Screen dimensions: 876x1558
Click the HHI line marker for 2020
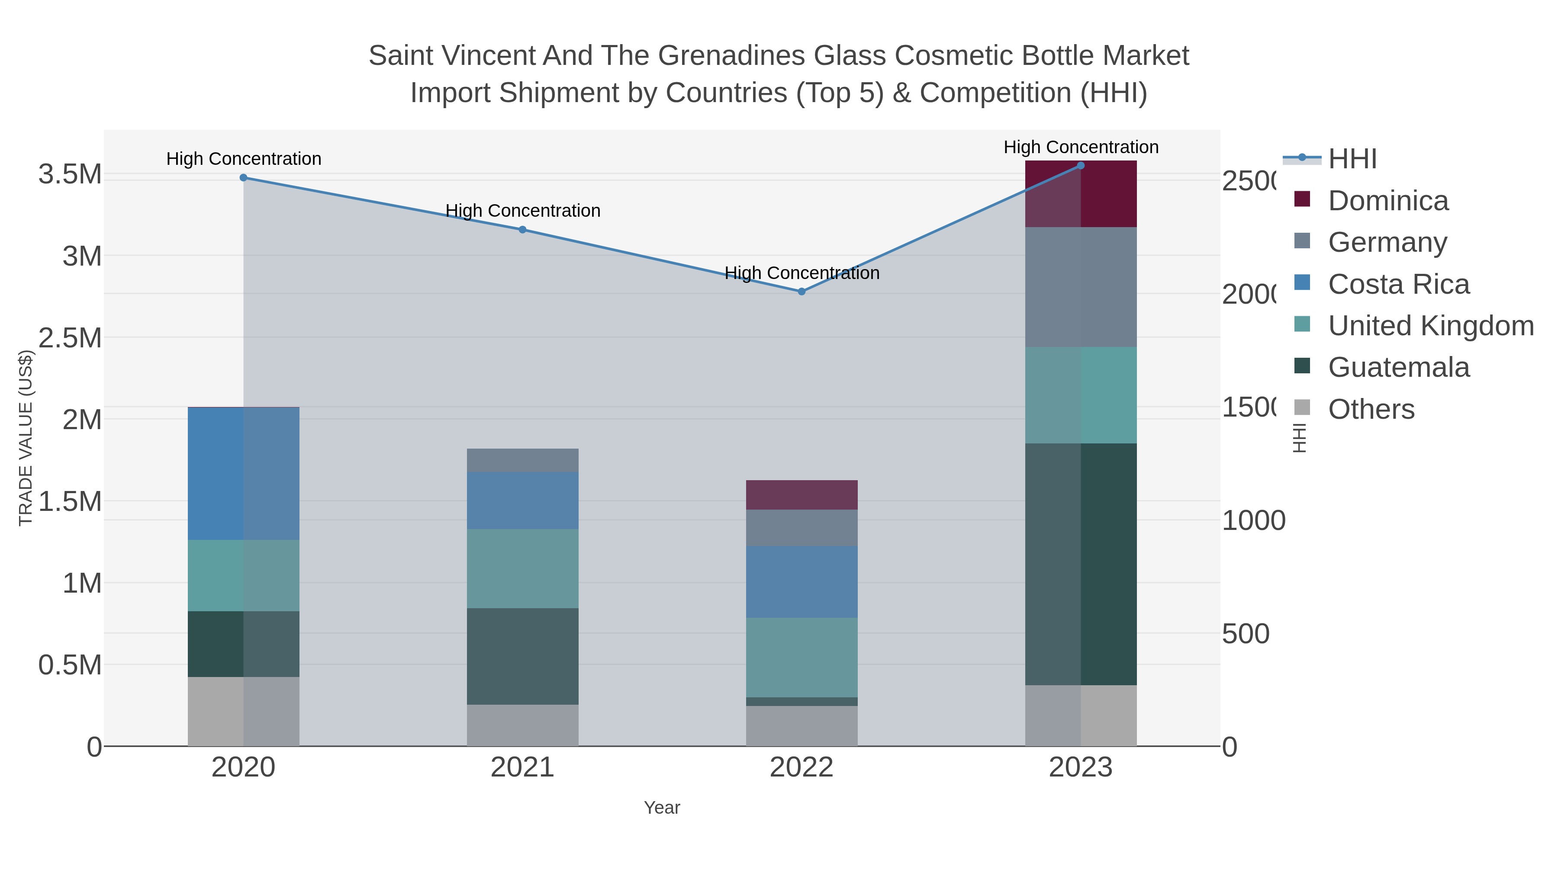click(x=243, y=178)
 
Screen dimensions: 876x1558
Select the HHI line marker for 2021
click(x=522, y=230)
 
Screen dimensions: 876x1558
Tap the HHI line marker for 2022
click(x=802, y=292)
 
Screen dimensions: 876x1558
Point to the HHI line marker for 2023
click(x=1081, y=166)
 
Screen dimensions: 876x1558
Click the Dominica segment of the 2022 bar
click(x=802, y=495)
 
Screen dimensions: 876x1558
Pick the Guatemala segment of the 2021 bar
click(x=522, y=657)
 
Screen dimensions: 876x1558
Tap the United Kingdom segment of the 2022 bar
click(x=802, y=657)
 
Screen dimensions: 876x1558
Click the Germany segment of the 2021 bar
click(x=522, y=461)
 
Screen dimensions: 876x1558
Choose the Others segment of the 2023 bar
click(x=1081, y=716)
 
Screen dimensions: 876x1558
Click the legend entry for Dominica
click(x=1387, y=201)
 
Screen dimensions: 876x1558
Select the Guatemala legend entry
click(x=1398, y=368)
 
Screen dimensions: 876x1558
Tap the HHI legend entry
click(x=1352, y=159)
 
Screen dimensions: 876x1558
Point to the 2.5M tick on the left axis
click(x=70, y=338)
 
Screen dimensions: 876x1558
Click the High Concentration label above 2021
click(x=522, y=211)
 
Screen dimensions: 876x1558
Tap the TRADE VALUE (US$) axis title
click(x=26, y=438)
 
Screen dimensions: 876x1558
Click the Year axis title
click(x=662, y=808)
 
